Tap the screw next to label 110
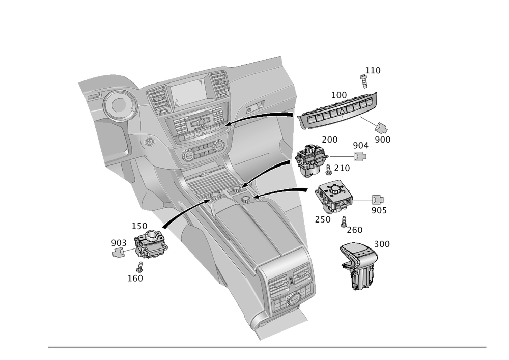click(365, 81)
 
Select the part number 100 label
click(339, 95)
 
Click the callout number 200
click(330, 139)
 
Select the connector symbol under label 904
click(361, 156)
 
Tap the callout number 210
click(342, 168)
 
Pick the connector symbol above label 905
click(378, 200)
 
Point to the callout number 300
click(382, 244)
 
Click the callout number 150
click(139, 225)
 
